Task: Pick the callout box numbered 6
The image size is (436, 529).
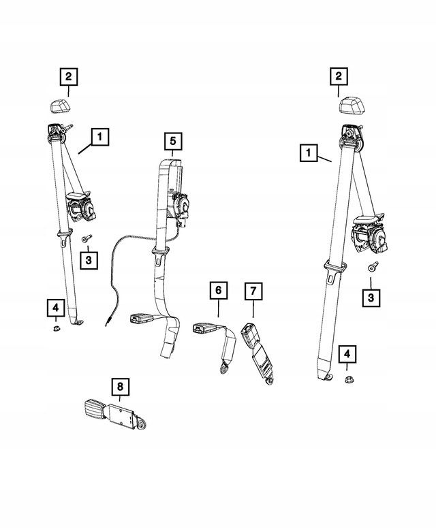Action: [x=218, y=291]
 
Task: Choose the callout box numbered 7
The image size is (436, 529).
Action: [x=253, y=291]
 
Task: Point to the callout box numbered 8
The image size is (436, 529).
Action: [x=120, y=388]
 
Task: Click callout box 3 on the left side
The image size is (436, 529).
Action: [x=89, y=259]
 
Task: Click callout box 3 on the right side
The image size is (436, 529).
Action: [x=371, y=298]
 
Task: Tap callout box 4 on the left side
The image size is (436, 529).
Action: [x=55, y=308]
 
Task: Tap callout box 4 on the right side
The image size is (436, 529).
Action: [x=347, y=353]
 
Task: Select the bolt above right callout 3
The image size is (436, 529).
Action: [x=372, y=268]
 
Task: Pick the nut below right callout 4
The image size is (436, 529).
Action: [x=347, y=379]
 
